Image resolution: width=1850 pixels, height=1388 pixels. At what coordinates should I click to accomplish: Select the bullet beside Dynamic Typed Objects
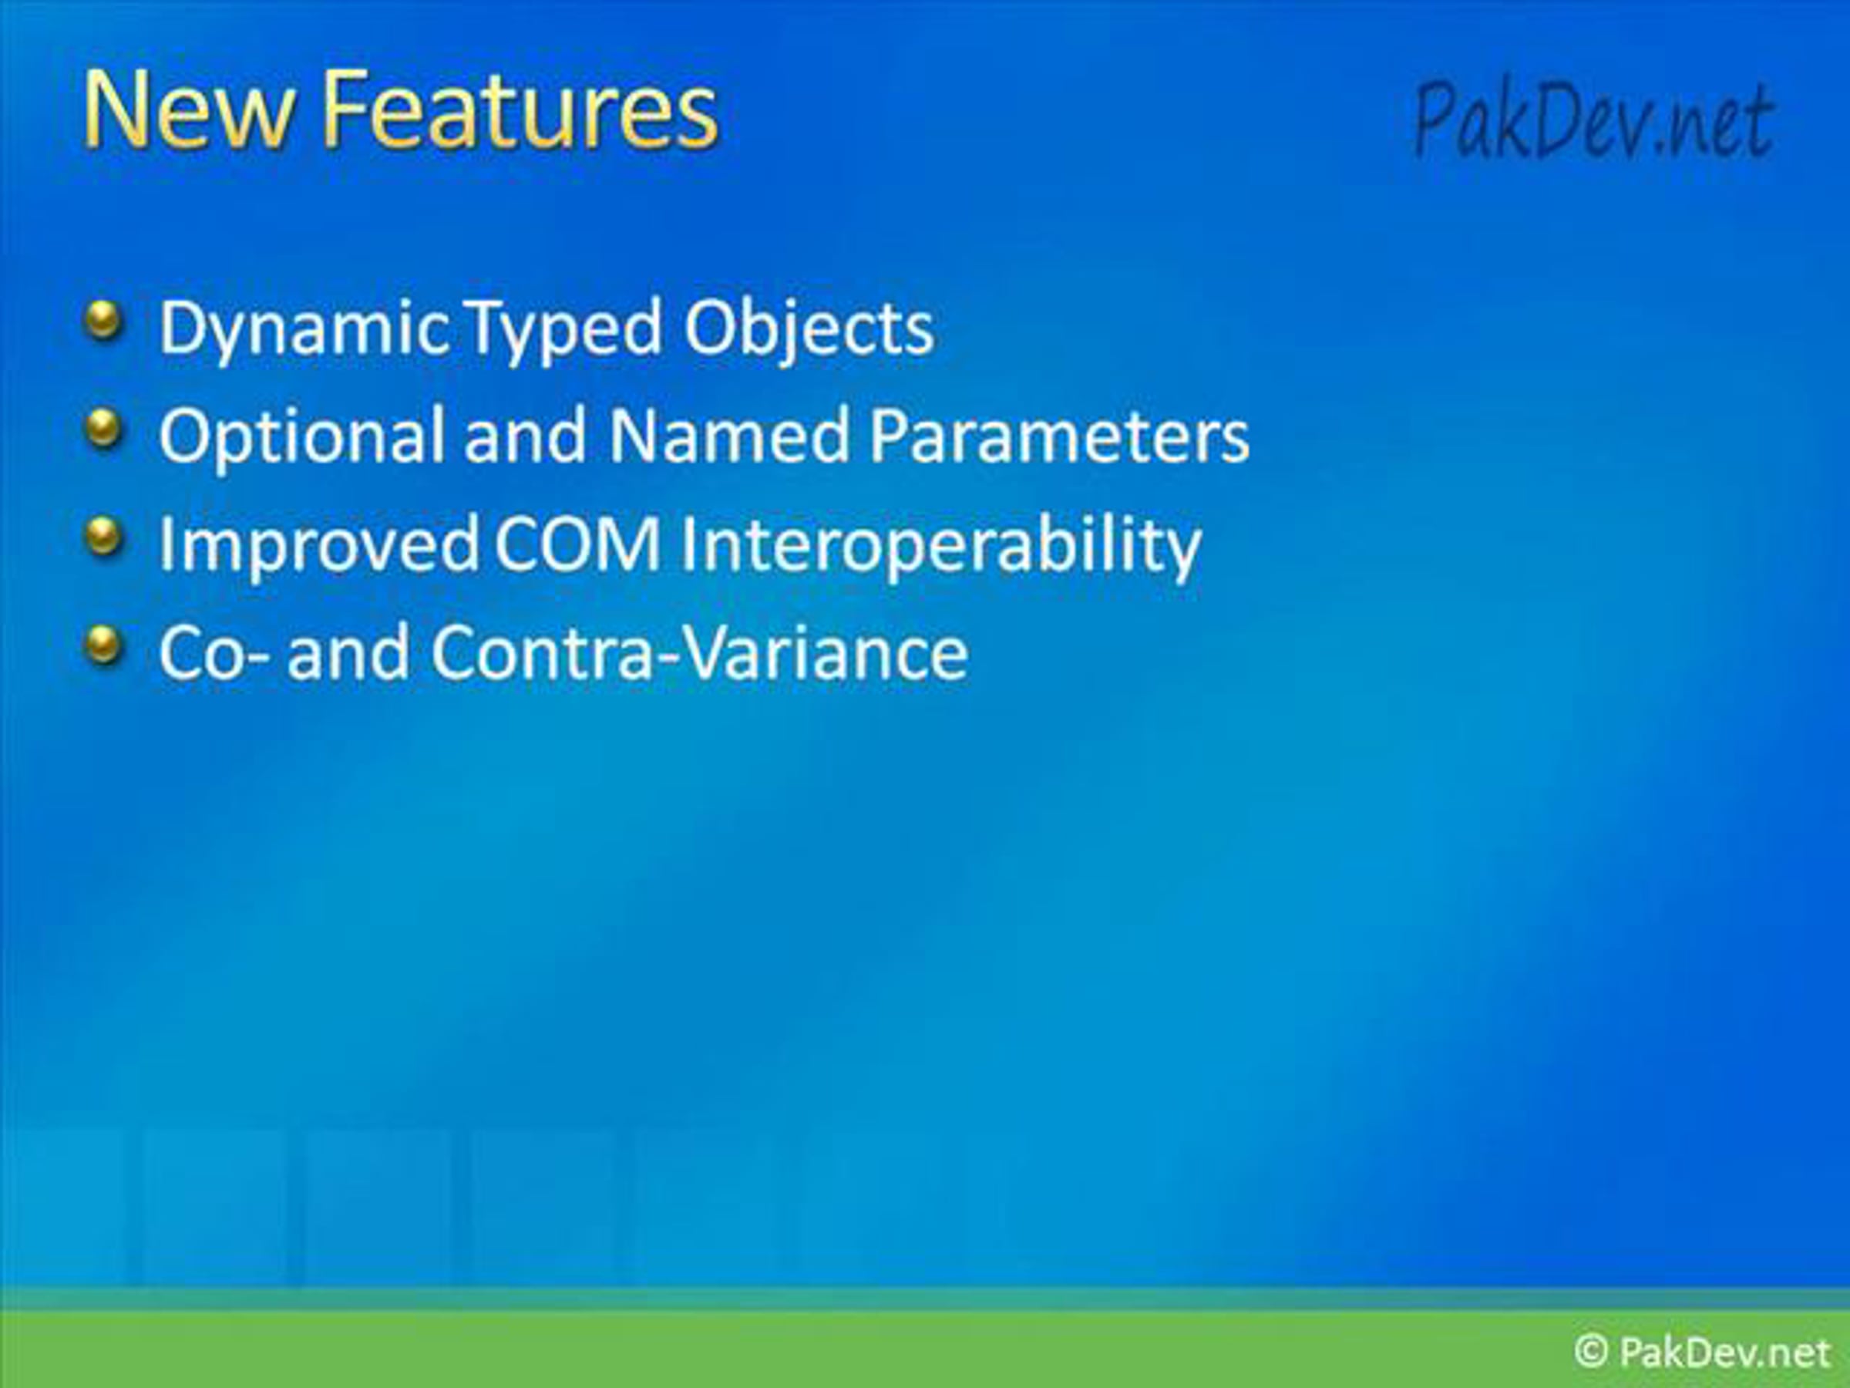pyautogui.click(x=104, y=321)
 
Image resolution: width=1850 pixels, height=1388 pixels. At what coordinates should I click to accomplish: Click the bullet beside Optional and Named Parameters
pyautogui.click(x=104, y=429)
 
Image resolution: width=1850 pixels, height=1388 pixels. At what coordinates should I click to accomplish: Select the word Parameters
pyautogui.click(x=1059, y=436)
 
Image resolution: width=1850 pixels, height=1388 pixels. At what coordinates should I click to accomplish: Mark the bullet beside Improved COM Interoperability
pyautogui.click(x=104, y=538)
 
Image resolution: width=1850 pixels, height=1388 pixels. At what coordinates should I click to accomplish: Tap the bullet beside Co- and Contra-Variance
pyautogui.click(x=104, y=646)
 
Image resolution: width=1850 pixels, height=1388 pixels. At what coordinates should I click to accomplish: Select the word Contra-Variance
pyautogui.click(x=699, y=652)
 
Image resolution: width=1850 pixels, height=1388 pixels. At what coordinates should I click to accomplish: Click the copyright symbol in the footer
pyautogui.click(x=1590, y=1350)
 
